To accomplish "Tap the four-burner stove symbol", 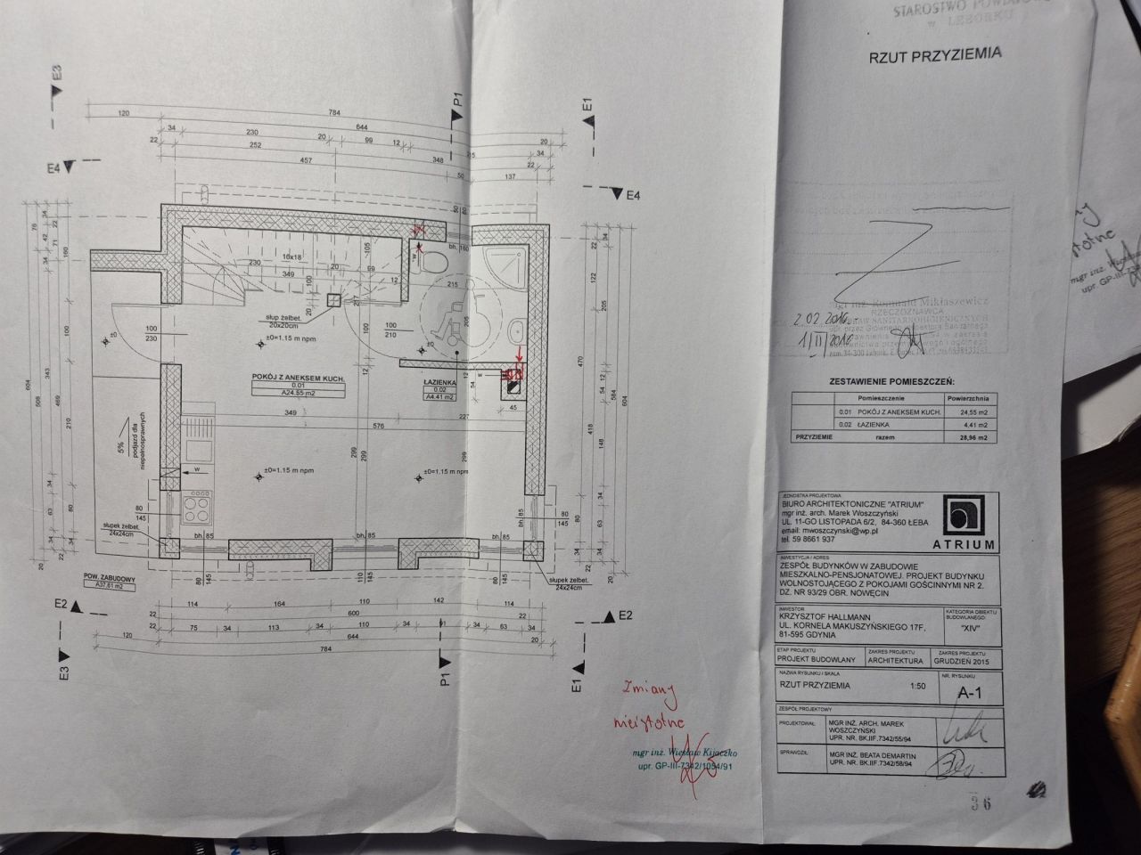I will tap(197, 509).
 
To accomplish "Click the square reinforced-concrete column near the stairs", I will tap(334, 301).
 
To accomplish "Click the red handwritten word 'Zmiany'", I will tap(652, 689).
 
